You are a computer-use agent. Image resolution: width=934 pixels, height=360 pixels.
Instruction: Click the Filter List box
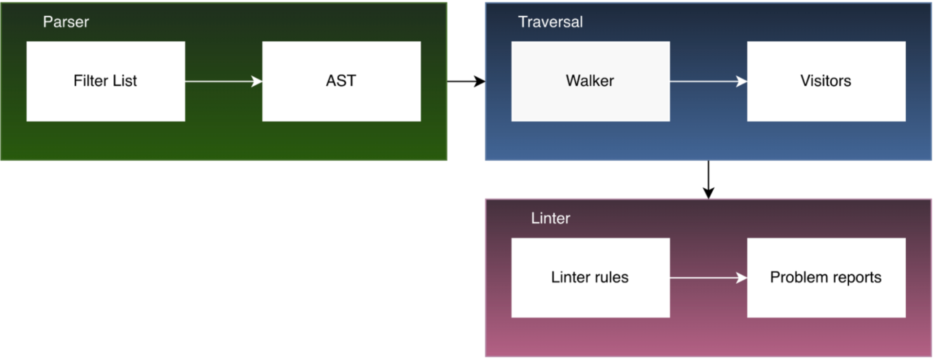105,81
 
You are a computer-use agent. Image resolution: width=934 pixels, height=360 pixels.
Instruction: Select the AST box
341,81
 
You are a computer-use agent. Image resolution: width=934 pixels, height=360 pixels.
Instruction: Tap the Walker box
590,81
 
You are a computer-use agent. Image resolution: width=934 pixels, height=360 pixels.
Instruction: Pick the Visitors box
825,81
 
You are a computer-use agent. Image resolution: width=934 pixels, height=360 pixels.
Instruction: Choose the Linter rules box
590,278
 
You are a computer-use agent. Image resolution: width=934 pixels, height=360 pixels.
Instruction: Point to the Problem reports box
825,278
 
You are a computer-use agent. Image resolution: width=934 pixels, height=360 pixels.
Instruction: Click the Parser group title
66,22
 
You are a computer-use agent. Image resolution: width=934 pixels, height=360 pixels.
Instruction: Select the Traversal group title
550,22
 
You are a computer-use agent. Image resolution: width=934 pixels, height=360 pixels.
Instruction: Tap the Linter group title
550,218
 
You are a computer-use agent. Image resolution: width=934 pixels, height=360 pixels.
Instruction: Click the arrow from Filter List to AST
223,81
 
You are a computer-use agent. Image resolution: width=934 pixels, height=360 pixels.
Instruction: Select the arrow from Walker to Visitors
708,81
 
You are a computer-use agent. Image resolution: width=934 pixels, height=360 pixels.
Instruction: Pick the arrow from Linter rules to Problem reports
708,278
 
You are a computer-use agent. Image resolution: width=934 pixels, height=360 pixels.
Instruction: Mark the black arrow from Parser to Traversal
466,81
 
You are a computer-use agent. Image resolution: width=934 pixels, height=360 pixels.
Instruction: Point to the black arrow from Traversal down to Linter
708,179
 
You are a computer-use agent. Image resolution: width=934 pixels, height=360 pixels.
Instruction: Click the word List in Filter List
124,81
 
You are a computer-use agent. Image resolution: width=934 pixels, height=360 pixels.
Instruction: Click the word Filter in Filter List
90,81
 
